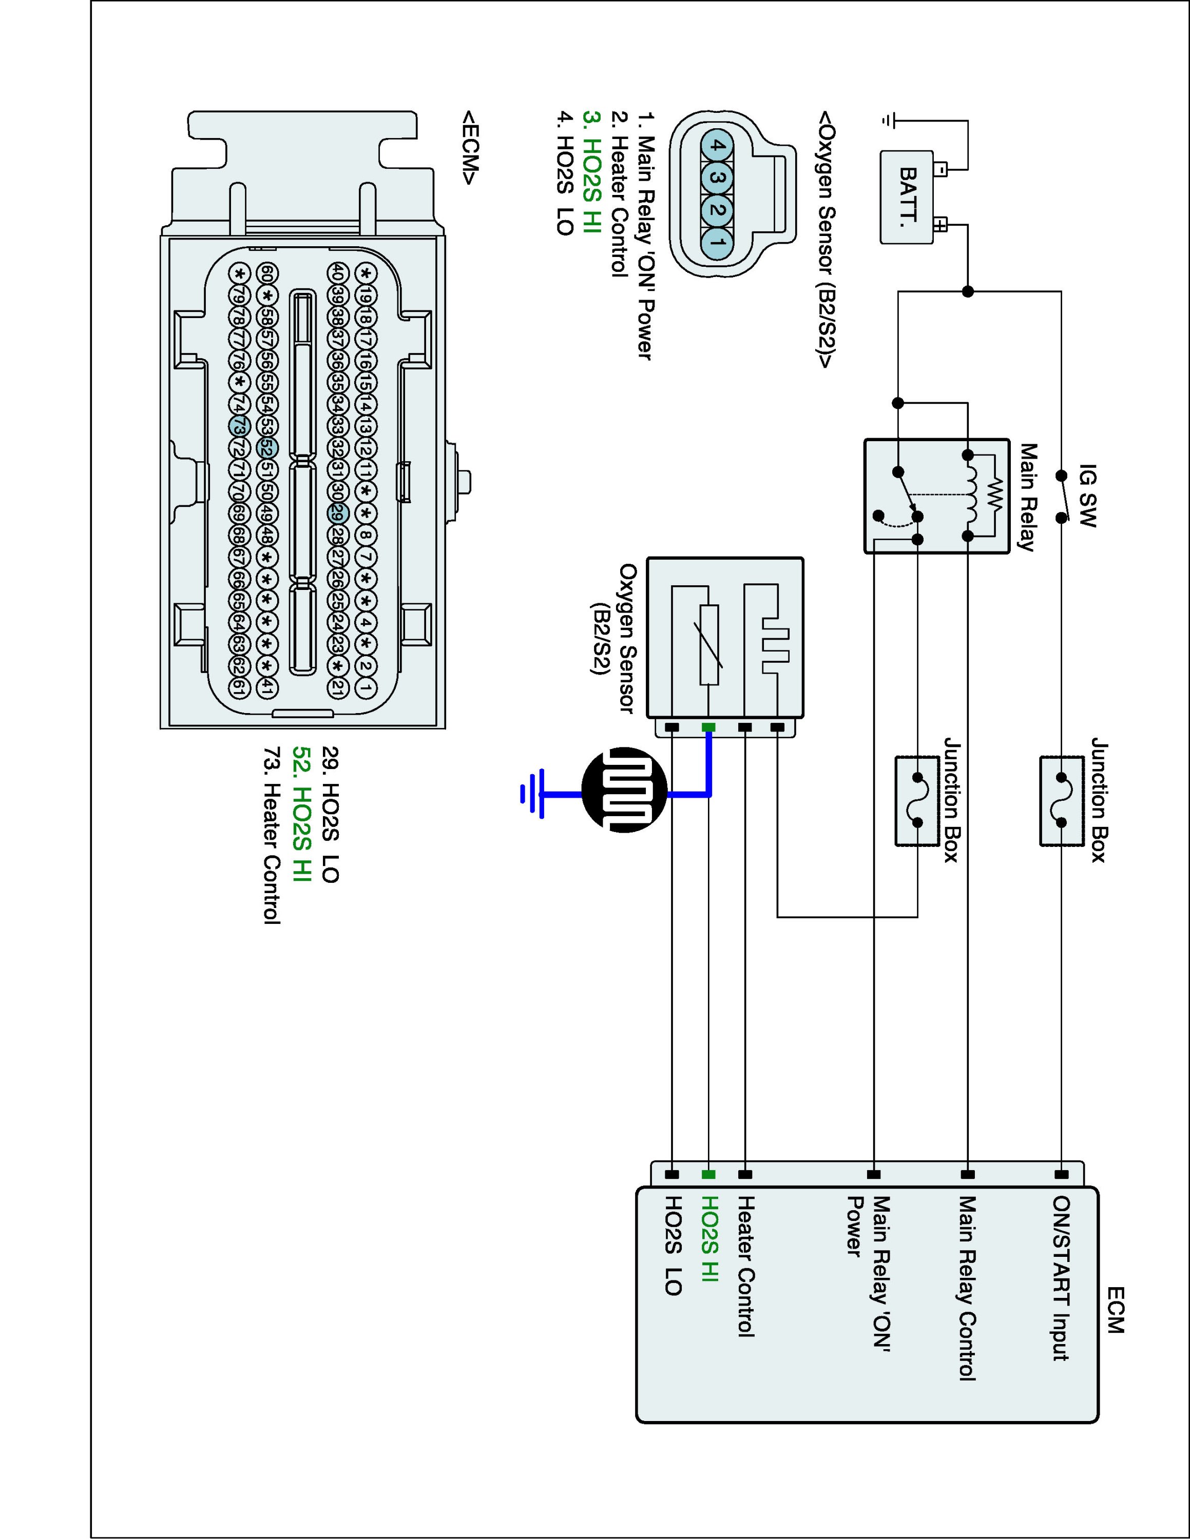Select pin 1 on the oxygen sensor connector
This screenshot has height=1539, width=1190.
(x=716, y=243)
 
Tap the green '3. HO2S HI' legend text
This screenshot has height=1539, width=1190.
(x=592, y=172)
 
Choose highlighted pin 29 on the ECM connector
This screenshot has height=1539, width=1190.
(x=337, y=513)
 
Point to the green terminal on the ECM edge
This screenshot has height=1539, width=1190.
(x=708, y=1174)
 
